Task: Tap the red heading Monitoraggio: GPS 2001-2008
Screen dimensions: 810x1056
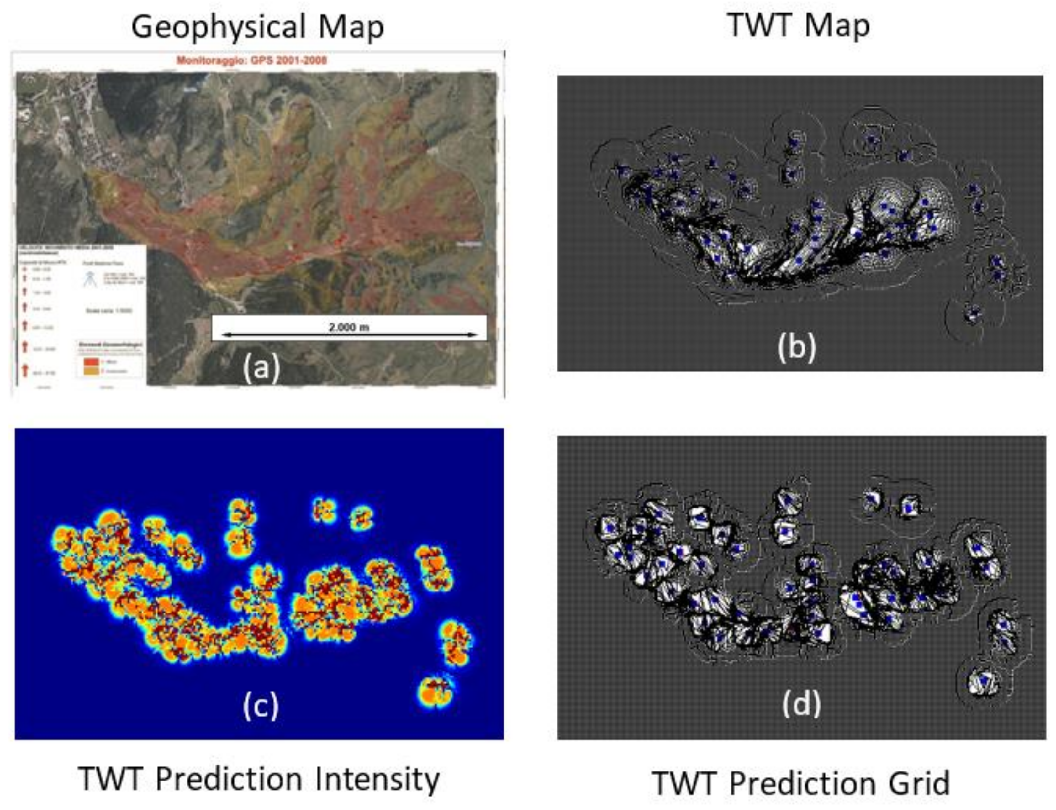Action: [252, 60]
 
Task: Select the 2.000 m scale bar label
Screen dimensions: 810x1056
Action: [349, 327]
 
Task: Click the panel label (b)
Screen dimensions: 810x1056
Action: [796, 347]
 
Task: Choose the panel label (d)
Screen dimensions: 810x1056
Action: [801, 703]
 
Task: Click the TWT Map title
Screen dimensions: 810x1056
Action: [798, 25]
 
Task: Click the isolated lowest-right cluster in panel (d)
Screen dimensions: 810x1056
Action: [984, 681]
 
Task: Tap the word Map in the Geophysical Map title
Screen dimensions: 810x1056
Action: [350, 28]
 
